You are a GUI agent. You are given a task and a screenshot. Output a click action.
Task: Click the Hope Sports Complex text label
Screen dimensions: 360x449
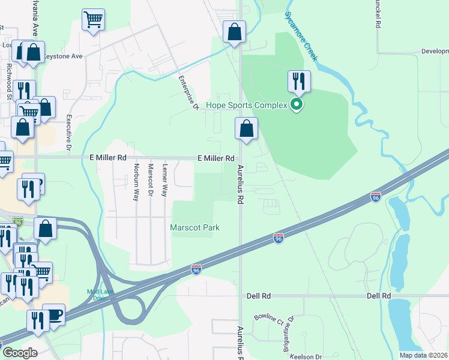[x=247, y=106]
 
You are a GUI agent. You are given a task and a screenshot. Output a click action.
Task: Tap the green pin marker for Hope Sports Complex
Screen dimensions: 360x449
[x=296, y=106]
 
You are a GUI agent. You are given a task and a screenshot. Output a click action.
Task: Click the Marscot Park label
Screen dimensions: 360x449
[x=194, y=227]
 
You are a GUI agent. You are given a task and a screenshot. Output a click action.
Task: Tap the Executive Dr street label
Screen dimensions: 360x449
[x=69, y=133]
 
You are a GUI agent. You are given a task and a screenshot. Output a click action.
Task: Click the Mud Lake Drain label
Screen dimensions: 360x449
[x=100, y=295]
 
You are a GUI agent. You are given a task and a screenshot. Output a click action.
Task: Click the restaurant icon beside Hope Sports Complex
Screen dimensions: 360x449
[x=298, y=81]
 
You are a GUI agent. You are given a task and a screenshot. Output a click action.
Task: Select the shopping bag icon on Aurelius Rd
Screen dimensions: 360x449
[x=246, y=128]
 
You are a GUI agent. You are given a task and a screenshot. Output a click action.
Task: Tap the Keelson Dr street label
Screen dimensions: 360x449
[x=306, y=356]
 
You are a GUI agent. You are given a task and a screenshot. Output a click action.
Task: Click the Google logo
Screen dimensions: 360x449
[x=19, y=353]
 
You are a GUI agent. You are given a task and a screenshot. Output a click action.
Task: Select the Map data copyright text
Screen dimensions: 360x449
[x=423, y=355]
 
